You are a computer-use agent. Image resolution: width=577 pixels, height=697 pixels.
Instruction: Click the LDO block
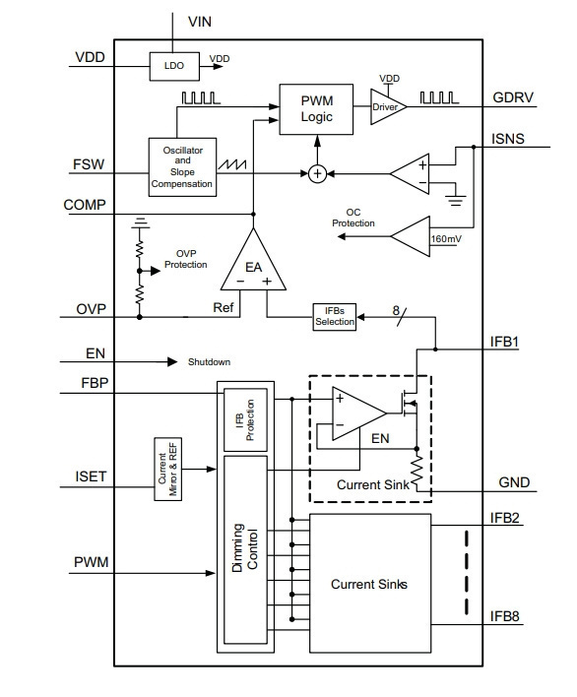(x=174, y=66)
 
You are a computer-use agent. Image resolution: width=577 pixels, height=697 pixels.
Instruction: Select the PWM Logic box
(x=316, y=109)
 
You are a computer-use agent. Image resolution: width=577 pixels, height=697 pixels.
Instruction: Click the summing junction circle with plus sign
(x=317, y=173)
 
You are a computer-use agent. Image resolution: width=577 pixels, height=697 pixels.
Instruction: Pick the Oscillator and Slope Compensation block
(x=182, y=167)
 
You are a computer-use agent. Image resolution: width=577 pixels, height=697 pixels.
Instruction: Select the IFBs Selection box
(x=335, y=316)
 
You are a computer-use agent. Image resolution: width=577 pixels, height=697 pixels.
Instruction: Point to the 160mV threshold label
(x=446, y=238)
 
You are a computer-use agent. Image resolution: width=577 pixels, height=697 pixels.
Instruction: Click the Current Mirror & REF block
(x=168, y=470)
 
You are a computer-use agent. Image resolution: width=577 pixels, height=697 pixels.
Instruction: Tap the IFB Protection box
(x=245, y=420)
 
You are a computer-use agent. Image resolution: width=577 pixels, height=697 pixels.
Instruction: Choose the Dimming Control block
(x=245, y=549)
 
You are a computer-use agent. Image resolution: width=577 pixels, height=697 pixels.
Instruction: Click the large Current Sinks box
(x=370, y=584)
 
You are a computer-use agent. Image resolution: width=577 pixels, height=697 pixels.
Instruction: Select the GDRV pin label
(x=513, y=97)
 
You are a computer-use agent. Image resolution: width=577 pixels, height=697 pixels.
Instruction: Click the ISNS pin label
(x=508, y=139)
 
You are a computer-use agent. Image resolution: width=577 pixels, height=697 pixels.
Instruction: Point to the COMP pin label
(x=85, y=205)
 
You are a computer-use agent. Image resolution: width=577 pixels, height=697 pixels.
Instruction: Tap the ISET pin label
(x=91, y=476)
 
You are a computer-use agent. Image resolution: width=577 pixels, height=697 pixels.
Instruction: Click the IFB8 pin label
(x=504, y=616)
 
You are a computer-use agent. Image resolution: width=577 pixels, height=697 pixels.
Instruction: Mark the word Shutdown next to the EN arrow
(x=209, y=362)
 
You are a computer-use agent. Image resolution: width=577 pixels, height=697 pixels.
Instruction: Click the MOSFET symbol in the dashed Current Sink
(x=409, y=404)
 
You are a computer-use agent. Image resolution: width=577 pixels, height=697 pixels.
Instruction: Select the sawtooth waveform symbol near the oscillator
(x=232, y=164)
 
